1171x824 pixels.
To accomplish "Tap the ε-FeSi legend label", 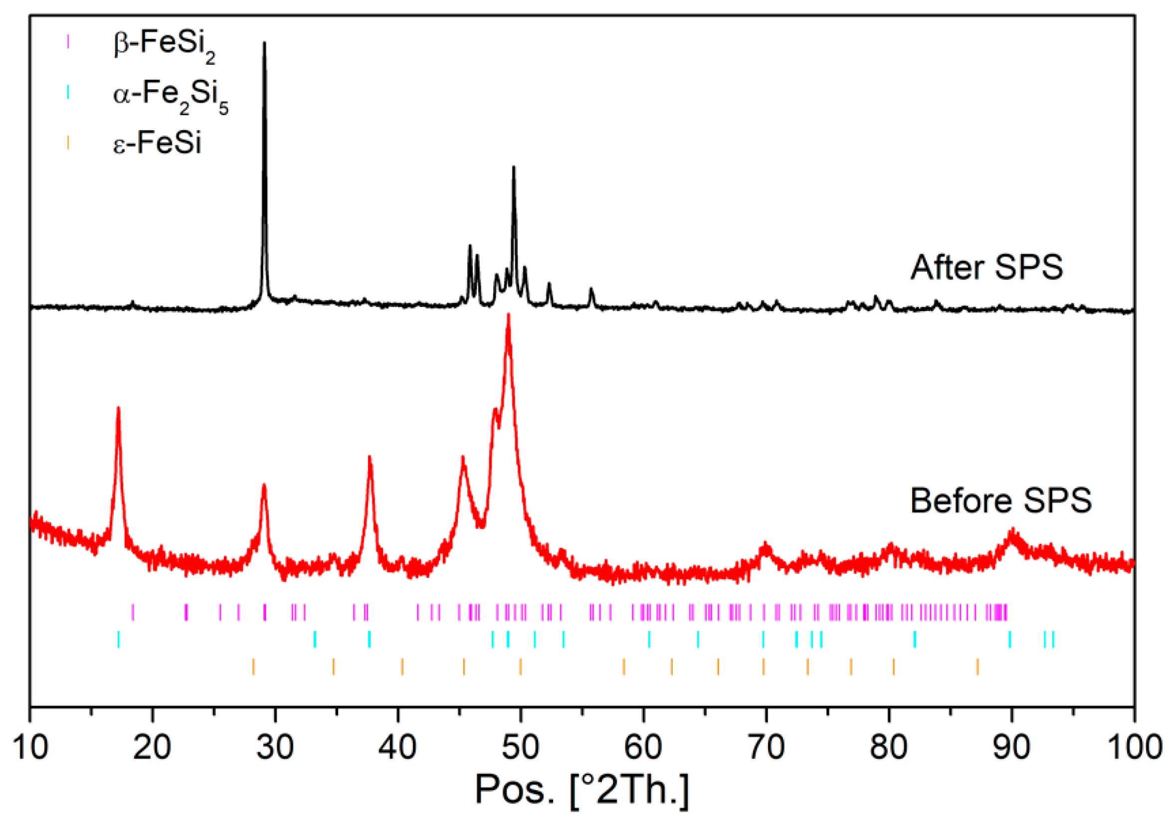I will click(x=157, y=142).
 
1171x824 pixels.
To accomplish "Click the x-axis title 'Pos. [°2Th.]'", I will click(x=582, y=790).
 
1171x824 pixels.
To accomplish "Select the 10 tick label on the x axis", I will click(x=30, y=748).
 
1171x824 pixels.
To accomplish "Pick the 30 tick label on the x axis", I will click(x=275, y=748).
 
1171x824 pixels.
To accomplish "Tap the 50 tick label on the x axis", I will click(x=521, y=748).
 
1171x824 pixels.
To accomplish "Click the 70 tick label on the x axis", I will click(x=766, y=748).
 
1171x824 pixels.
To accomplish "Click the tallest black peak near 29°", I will click(x=264, y=43).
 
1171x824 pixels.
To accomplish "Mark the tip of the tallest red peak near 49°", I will click(x=508, y=315).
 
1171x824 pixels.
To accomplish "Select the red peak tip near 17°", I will click(x=118, y=408).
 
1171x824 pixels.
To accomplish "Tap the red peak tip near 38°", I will click(x=370, y=458).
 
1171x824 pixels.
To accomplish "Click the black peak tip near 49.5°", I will click(x=514, y=167).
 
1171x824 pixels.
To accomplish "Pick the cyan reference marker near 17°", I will click(x=118, y=639).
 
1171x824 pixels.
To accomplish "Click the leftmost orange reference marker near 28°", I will click(x=253, y=666).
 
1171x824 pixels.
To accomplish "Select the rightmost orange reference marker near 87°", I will click(x=977, y=666).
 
